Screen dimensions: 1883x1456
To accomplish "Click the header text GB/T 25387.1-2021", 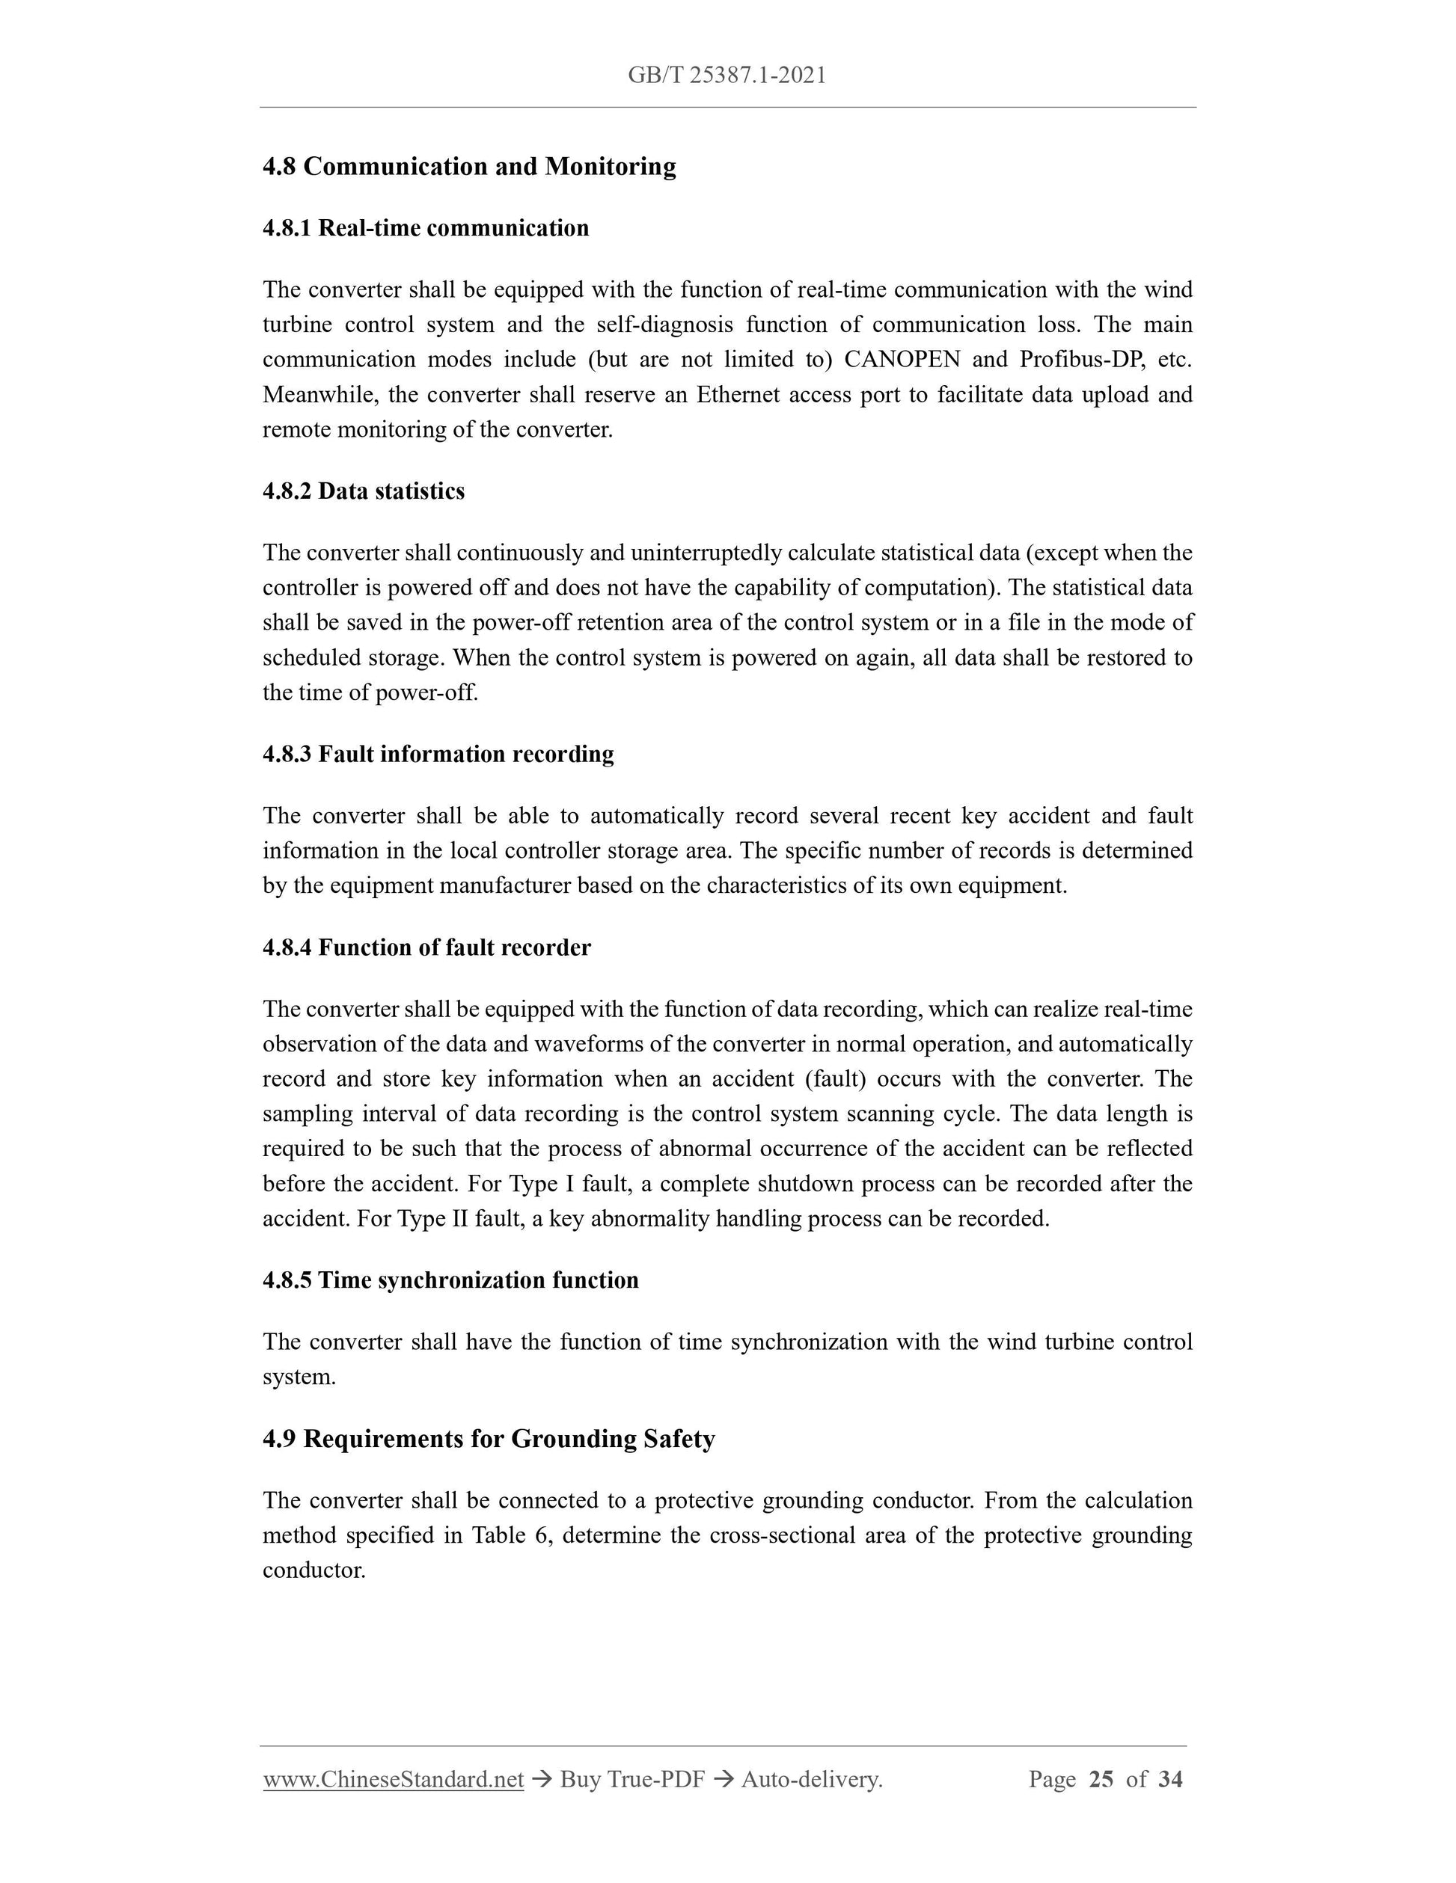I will pyautogui.click(x=727, y=76).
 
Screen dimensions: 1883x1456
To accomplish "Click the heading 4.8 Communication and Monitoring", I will pyautogui.click(x=468, y=167).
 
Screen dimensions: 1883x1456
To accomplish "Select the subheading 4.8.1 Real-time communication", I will pyautogui.click(x=425, y=229).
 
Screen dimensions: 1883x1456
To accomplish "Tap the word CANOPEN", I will pyautogui.click(x=902, y=360).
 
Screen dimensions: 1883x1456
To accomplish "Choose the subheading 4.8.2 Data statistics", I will pyautogui.click(x=363, y=491).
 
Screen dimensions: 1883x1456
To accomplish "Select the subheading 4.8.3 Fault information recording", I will pyautogui.click(x=438, y=755).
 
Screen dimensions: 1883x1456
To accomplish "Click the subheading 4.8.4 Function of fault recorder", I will pyautogui.click(x=426, y=948).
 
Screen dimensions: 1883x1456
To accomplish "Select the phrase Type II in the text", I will pyautogui.click(x=433, y=1219).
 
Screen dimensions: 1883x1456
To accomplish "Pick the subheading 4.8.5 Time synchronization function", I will pyautogui.click(x=450, y=1280).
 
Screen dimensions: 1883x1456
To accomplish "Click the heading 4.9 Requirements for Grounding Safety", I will pyautogui.click(x=489, y=1439).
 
